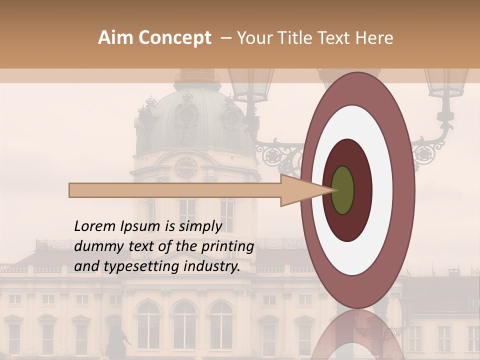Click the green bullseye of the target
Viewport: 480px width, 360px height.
[342, 190]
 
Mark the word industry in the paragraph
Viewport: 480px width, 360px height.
[212, 267]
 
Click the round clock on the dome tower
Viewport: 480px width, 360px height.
[186, 167]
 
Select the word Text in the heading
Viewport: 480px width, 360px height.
[332, 38]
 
